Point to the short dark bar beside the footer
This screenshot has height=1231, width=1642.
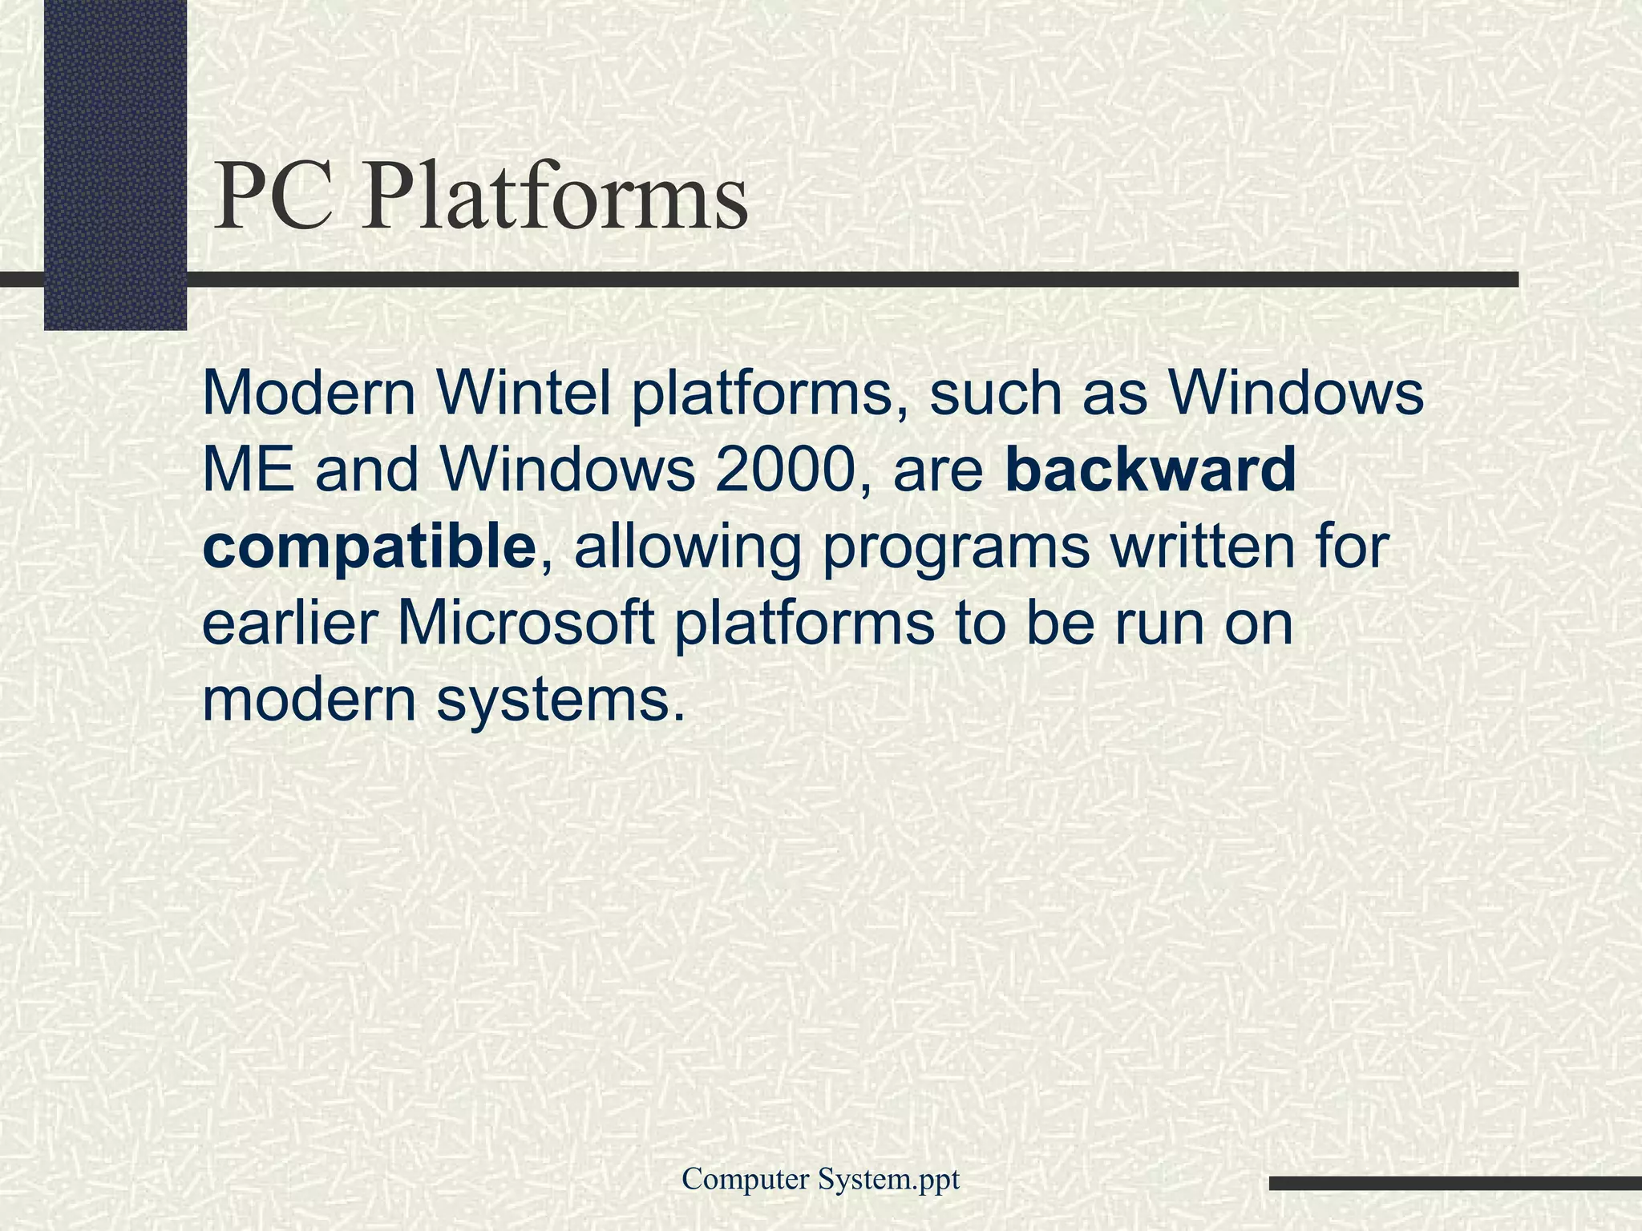(x=1454, y=1183)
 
